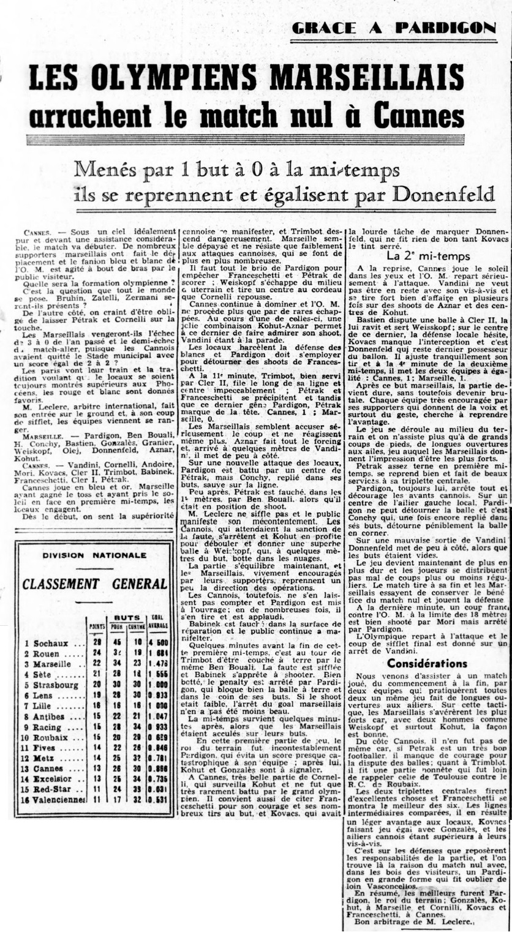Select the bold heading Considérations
click(x=427, y=646)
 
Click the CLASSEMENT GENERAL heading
click(x=94, y=583)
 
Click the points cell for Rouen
click(x=96, y=653)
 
